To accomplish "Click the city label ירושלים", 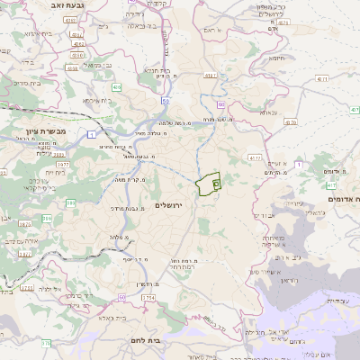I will (168, 206).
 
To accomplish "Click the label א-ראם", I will (211, 31).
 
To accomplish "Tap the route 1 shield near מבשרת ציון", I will (92, 133).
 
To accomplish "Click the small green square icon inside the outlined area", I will (216, 183).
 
